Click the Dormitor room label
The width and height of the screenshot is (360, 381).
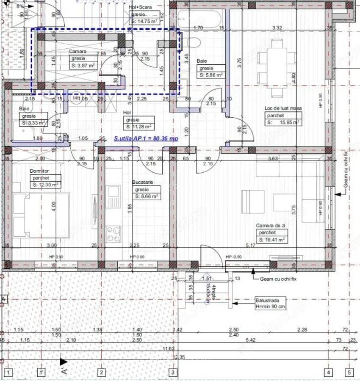pyautogui.click(x=39, y=171)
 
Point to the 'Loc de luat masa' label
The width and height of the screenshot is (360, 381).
pyautogui.click(x=283, y=108)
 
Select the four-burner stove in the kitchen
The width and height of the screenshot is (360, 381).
pyautogui.click(x=113, y=234)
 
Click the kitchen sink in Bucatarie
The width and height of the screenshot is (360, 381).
pyautogui.click(x=113, y=197)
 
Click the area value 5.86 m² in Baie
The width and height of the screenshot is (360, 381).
pyautogui.click(x=211, y=75)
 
